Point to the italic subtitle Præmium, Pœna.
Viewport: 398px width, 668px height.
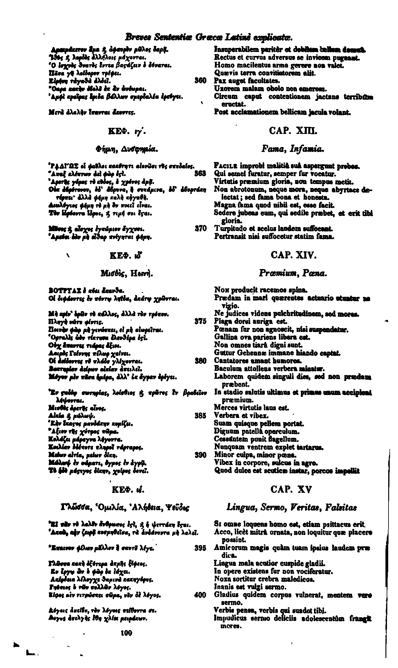[x=293, y=273]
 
